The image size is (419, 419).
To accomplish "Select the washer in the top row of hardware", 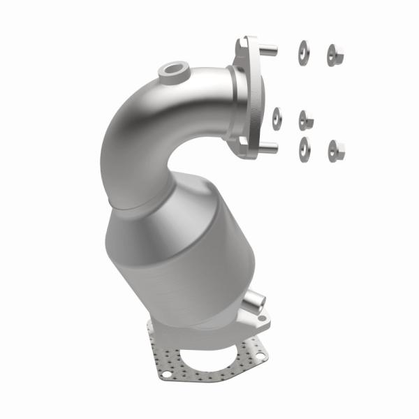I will [x=304, y=53].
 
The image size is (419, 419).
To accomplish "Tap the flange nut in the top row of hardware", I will [x=335, y=54].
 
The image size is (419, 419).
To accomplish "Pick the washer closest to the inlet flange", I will [x=277, y=119].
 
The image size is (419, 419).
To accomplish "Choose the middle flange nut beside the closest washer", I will [x=306, y=120].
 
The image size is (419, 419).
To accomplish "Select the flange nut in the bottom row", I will [x=336, y=149].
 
